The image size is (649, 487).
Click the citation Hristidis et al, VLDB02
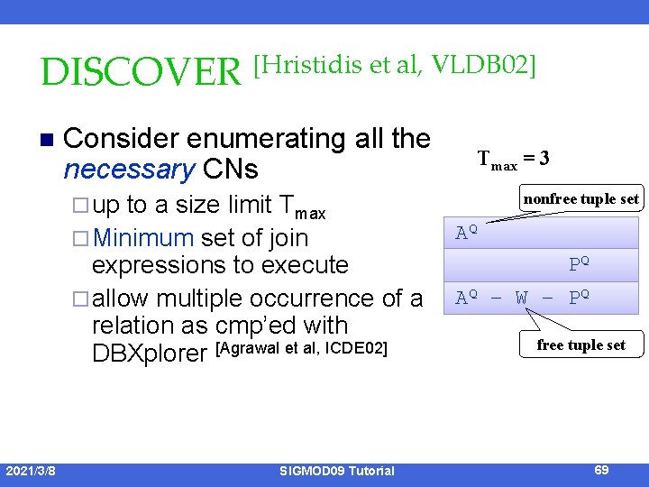[395, 65]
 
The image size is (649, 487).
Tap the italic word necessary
[130, 169]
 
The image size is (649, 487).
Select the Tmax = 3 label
[513, 160]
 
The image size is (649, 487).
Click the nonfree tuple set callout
[581, 198]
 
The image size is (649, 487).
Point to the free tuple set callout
[580, 345]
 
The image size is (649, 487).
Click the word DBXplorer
[150, 353]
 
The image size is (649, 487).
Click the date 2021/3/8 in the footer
[31, 470]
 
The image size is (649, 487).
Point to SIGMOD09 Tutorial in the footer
[336, 470]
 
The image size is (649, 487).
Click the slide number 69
[602, 470]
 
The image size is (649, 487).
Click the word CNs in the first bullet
[231, 169]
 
